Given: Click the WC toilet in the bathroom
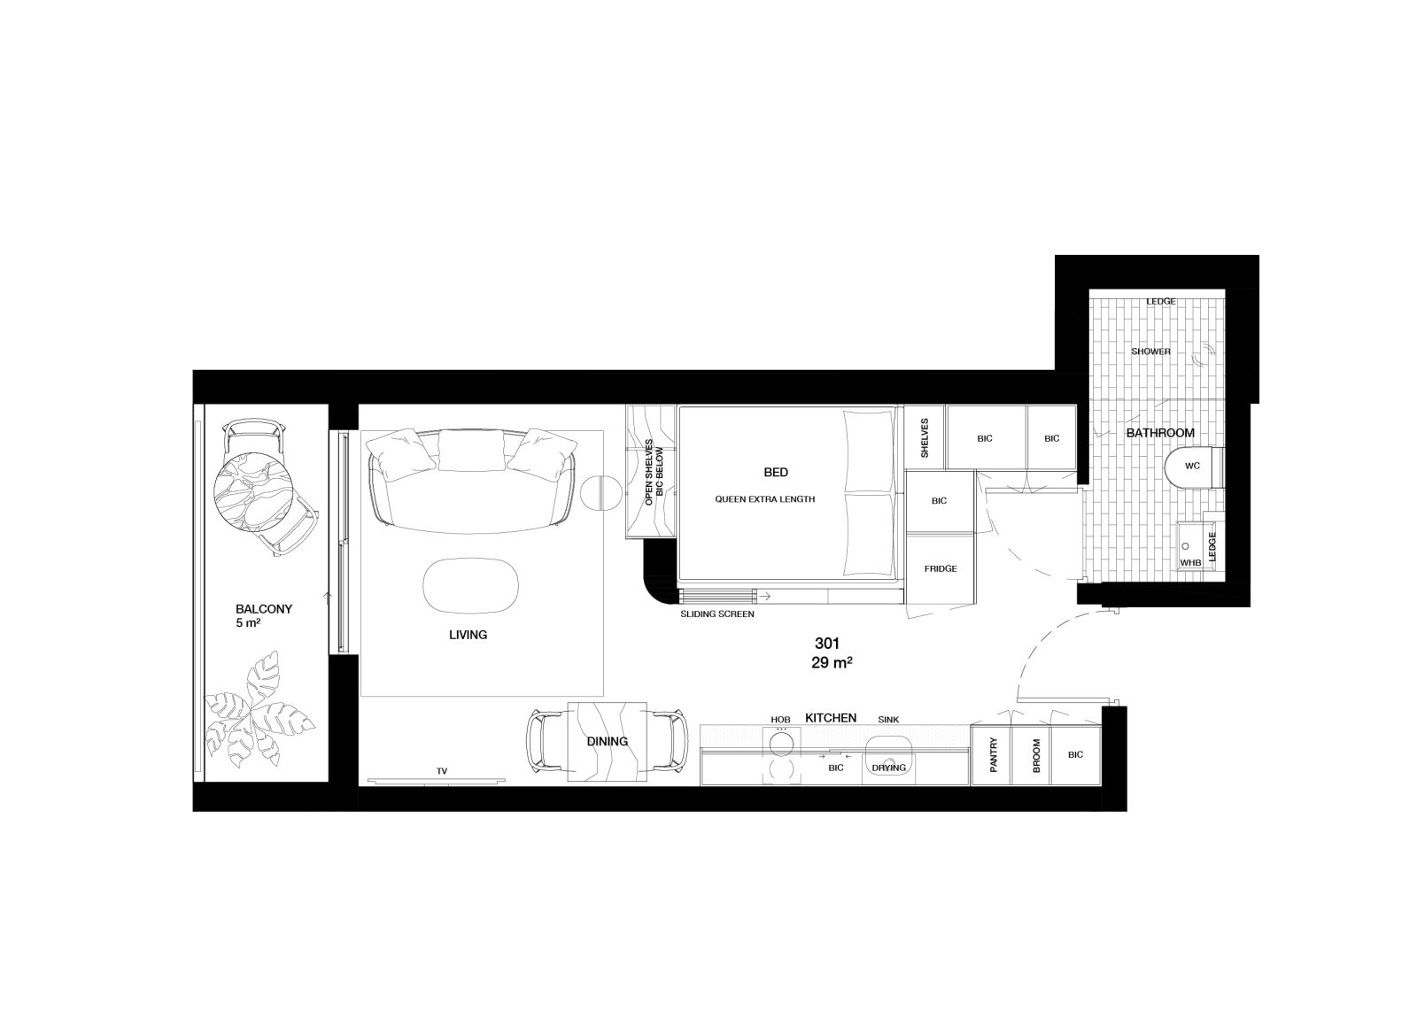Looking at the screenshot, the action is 1193,468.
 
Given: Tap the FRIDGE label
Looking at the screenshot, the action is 940,568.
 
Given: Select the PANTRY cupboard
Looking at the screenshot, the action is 991,755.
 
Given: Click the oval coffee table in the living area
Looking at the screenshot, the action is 470,585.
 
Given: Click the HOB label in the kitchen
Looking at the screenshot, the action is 780,720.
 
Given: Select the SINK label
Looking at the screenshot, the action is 888,720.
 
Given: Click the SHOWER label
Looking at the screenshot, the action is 1150,351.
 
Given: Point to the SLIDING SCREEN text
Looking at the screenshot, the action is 716,614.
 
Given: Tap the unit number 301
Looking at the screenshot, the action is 827,644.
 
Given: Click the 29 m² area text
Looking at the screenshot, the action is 832,663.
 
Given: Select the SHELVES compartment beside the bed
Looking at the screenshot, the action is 925,437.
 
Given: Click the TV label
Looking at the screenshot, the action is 442,771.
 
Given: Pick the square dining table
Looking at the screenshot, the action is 607,742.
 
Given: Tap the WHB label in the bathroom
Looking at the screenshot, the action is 1190,563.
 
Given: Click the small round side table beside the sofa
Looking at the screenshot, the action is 597,491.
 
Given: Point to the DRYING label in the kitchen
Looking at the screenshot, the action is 889,768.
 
